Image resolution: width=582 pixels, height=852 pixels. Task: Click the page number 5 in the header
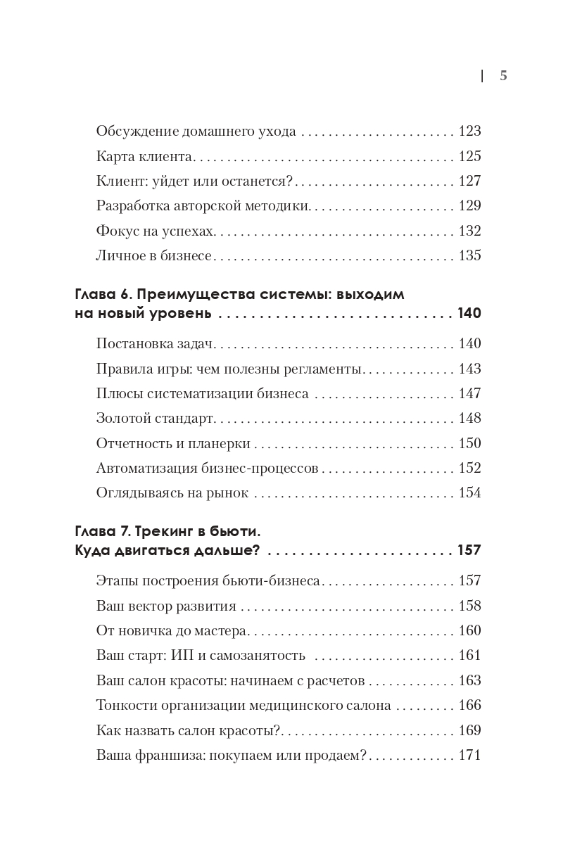click(x=503, y=77)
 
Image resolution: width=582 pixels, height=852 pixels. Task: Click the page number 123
click(x=469, y=132)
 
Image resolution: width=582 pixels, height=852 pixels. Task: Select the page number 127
click(x=469, y=181)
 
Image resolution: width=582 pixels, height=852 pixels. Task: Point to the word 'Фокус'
click(x=115, y=231)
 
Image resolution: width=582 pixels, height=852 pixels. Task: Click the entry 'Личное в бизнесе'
click(x=153, y=255)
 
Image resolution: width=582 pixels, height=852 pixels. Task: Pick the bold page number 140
click(x=469, y=314)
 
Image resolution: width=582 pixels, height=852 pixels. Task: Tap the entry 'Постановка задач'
click(x=154, y=344)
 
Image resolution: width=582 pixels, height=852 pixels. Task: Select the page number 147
click(x=469, y=393)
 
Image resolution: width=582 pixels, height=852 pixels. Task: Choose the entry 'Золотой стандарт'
click(x=155, y=419)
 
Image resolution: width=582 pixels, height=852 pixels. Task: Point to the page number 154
click(x=469, y=492)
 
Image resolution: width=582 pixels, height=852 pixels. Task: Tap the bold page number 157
click(x=469, y=550)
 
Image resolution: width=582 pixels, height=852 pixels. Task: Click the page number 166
click(x=469, y=705)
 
